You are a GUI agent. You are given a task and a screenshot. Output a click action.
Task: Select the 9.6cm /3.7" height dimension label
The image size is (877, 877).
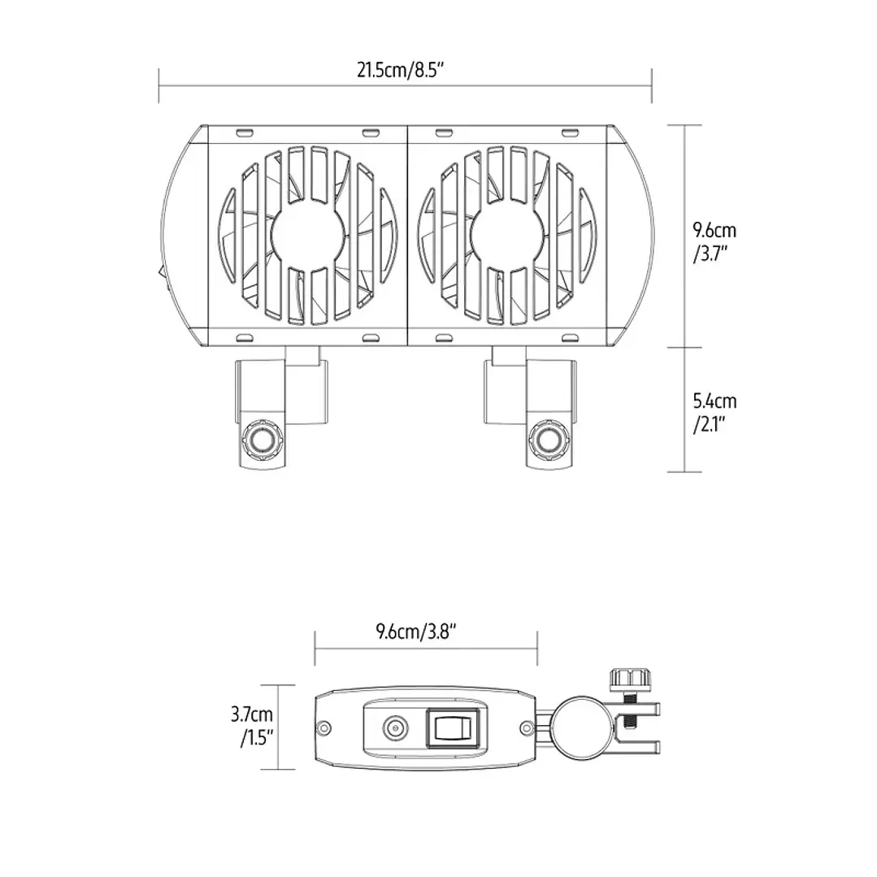coord(714,241)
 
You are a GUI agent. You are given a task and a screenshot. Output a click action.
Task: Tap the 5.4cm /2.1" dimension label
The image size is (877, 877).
coord(714,412)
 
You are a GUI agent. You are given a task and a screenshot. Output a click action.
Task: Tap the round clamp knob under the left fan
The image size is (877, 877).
coord(262,441)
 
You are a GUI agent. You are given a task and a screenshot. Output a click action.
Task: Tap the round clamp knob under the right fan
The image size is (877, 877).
coord(549,441)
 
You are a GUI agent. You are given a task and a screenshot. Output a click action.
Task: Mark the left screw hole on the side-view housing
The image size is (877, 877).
coord(324,727)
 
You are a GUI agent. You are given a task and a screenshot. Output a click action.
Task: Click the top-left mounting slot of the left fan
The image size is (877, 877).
coord(243,132)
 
